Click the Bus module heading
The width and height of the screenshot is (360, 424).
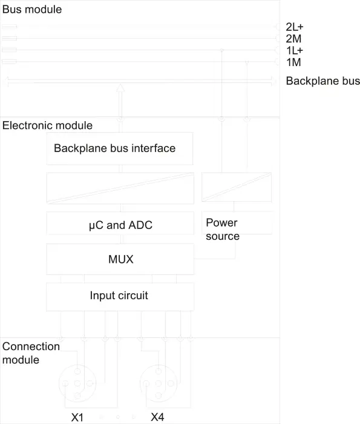click(32, 10)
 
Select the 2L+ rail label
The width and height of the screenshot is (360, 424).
click(295, 27)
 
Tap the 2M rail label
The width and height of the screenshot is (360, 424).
click(293, 39)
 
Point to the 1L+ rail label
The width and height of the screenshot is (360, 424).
click(295, 50)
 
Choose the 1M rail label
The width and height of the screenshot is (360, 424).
click(293, 62)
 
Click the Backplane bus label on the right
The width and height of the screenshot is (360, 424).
click(322, 81)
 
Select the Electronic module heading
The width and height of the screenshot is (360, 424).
click(47, 125)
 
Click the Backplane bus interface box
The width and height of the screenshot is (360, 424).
click(120, 148)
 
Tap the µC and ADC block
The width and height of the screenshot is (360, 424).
click(120, 224)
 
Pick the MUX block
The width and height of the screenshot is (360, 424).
click(120, 259)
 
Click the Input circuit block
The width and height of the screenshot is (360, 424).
click(120, 297)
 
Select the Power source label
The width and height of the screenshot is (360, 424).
click(223, 230)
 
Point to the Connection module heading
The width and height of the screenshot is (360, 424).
click(31, 353)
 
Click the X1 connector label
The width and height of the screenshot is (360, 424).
click(77, 417)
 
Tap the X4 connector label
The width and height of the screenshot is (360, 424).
click(157, 417)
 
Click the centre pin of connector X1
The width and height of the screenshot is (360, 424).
click(77, 383)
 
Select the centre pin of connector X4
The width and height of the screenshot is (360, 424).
click(159, 383)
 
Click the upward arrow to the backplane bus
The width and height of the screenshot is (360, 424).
click(120, 101)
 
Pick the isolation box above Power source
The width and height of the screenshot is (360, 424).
click(237, 187)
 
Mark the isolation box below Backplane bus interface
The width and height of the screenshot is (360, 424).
click(120, 188)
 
